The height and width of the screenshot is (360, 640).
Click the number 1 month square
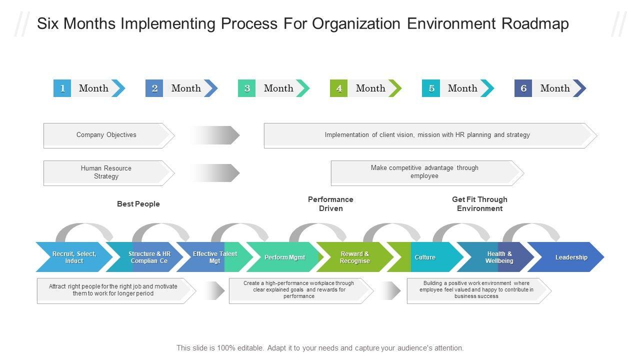tap(62, 88)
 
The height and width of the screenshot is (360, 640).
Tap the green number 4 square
tap(338, 88)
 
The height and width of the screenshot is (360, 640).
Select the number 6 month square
tap(523, 88)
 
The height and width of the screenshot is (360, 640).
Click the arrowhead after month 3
tap(303, 88)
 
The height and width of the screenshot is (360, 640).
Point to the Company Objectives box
tap(109, 135)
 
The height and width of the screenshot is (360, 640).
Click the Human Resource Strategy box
tap(109, 173)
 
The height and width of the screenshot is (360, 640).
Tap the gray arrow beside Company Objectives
tap(215, 135)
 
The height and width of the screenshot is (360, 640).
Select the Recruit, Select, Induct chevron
tap(74, 257)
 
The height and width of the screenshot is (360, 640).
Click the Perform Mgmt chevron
tap(285, 257)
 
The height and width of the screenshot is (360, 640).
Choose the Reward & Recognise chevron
tap(355, 257)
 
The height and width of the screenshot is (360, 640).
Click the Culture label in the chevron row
tap(425, 257)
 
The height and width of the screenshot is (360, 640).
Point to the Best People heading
tap(138, 203)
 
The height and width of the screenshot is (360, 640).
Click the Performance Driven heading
tap(330, 203)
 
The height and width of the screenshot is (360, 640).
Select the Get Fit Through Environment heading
tap(479, 203)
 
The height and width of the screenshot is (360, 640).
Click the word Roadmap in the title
tap(535, 23)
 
